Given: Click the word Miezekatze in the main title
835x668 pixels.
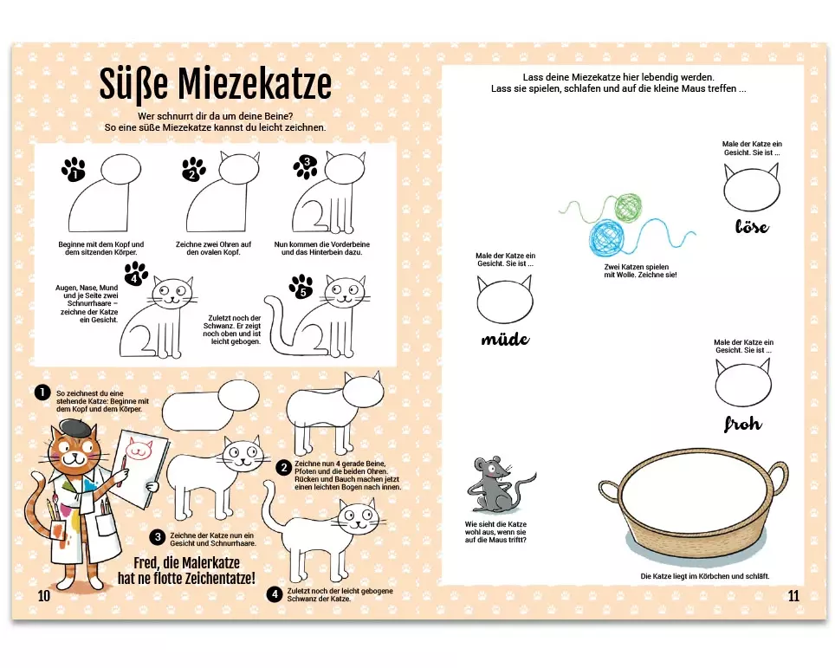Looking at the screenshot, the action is (x=255, y=84).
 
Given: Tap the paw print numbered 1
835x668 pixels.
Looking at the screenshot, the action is (x=74, y=170).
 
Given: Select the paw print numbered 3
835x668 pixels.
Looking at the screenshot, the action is (x=306, y=166).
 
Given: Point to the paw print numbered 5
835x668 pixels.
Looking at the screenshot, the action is (x=301, y=287).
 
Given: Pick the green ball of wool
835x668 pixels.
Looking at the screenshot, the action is (x=628, y=207).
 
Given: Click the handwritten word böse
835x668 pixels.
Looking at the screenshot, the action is (x=752, y=226).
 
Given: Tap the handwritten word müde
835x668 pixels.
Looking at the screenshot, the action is (x=505, y=339).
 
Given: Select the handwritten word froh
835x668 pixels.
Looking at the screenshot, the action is (x=743, y=424).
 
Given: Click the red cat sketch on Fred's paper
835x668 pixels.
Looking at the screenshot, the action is (x=138, y=449).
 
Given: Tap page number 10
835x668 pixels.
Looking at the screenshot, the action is (x=43, y=595).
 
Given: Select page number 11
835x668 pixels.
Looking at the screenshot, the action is (x=793, y=595).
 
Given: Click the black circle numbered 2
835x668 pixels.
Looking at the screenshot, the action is (x=284, y=468).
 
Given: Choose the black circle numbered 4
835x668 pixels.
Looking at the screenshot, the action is (x=275, y=594).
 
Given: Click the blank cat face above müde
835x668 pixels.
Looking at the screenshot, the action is (x=504, y=299).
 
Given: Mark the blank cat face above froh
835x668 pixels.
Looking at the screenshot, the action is (x=743, y=382).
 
